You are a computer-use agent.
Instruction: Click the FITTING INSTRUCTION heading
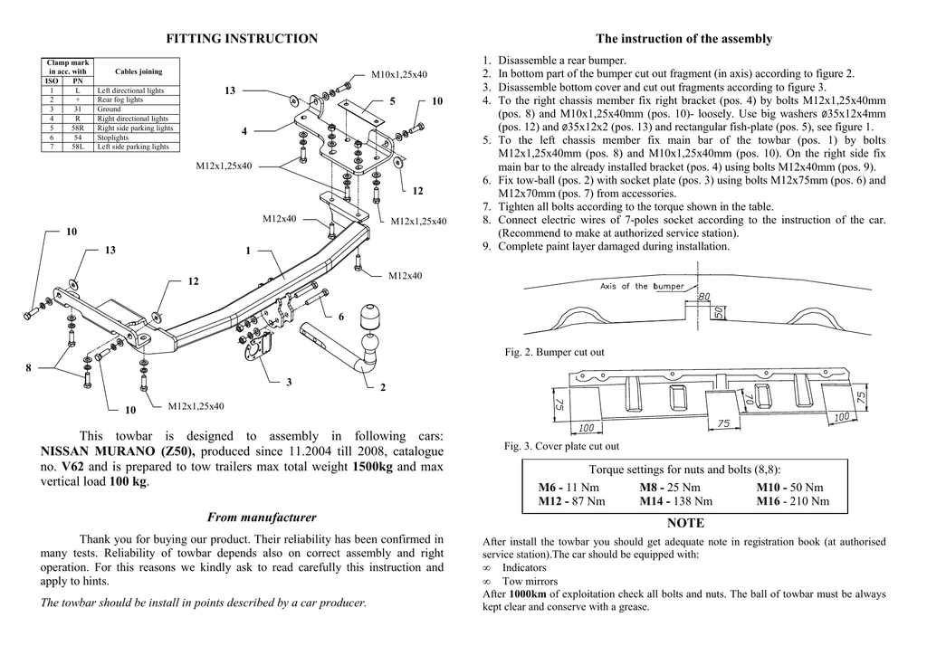click(243, 39)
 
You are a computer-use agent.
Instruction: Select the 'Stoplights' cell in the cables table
click(113, 138)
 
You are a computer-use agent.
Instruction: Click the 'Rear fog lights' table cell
click(120, 100)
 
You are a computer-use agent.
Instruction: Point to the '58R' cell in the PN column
click(78, 128)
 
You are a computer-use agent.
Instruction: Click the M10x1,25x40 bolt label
click(399, 74)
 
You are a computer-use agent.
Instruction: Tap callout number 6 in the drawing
click(341, 318)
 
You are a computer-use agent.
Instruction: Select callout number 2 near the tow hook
click(383, 388)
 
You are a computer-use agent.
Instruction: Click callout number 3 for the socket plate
click(289, 383)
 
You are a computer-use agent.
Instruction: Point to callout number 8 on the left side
click(28, 367)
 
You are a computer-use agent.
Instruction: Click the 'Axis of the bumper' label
click(642, 286)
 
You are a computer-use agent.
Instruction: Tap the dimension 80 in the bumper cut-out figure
click(704, 296)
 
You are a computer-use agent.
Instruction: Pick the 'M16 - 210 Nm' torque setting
click(792, 500)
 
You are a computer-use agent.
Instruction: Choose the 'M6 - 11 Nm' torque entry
click(569, 488)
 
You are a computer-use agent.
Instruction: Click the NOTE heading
click(684, 523)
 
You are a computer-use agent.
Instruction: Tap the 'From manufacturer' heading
click(262, 517)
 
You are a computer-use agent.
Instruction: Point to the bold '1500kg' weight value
click(372, 467)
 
